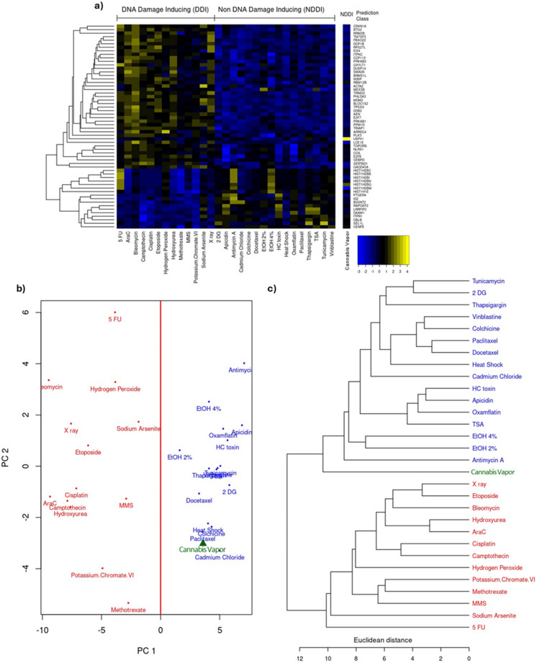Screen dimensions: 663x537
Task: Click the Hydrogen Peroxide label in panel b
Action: pos(114,389)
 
